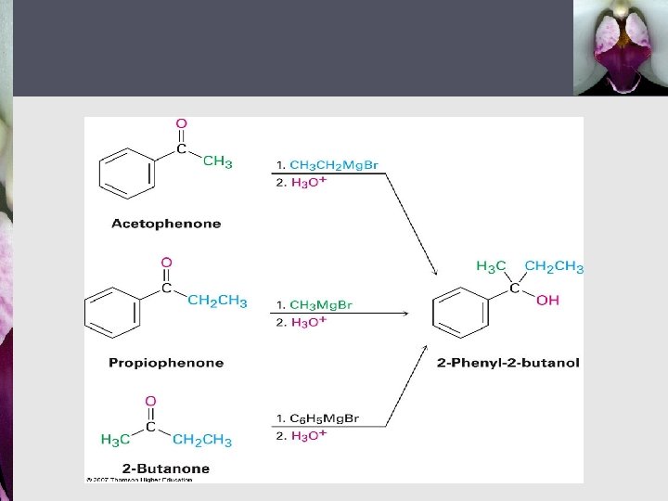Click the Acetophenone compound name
click(x=166, y=224)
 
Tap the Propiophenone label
click(x=166, y=363)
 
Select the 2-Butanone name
click(x=167, y=469)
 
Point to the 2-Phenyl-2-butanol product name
click(x=507, y=363)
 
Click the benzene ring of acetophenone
click(x=126, y=173)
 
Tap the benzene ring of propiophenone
click(x=111, y=311)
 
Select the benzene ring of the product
click(x=461, y=312)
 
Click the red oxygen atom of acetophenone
click(x=181, y=123)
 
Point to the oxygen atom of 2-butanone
click(x=150, y=402)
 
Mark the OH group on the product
click(x=547, y=301)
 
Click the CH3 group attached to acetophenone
click(x=217, y=162)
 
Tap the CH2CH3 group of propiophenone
click(x=217, y=301)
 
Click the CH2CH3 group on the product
click(x=554, y=267)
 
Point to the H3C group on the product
click(x=491, y=267)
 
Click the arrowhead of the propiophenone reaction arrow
click(x=405, y=313)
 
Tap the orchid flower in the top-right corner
click(x=620, y=46)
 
